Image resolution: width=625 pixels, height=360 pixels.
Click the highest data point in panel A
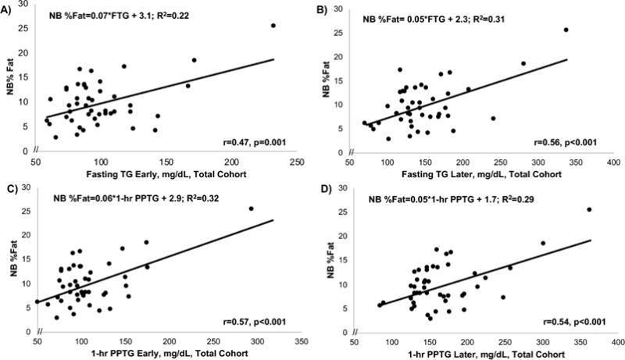click(x=273, y=26)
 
